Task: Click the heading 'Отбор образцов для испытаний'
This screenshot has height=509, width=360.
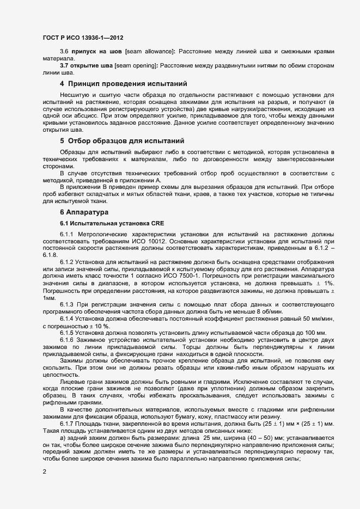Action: tap(126, 140)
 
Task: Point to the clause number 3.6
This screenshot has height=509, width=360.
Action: tap(63, 51)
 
